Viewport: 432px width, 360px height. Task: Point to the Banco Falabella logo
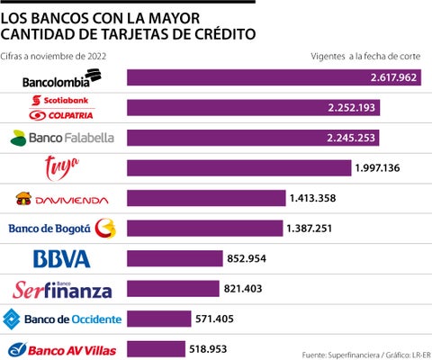pos(62,138)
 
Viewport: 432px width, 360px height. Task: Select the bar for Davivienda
pos(206,198)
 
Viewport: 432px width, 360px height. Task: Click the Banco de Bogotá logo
pos(62,229)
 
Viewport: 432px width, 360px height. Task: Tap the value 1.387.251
pos(314,229)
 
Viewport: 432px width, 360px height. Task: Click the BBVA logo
pos(61,259)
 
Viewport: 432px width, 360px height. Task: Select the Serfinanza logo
pos(62,289)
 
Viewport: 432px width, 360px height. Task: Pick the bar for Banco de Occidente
pos(159,319)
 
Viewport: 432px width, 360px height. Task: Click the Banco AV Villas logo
pos(61,348)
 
